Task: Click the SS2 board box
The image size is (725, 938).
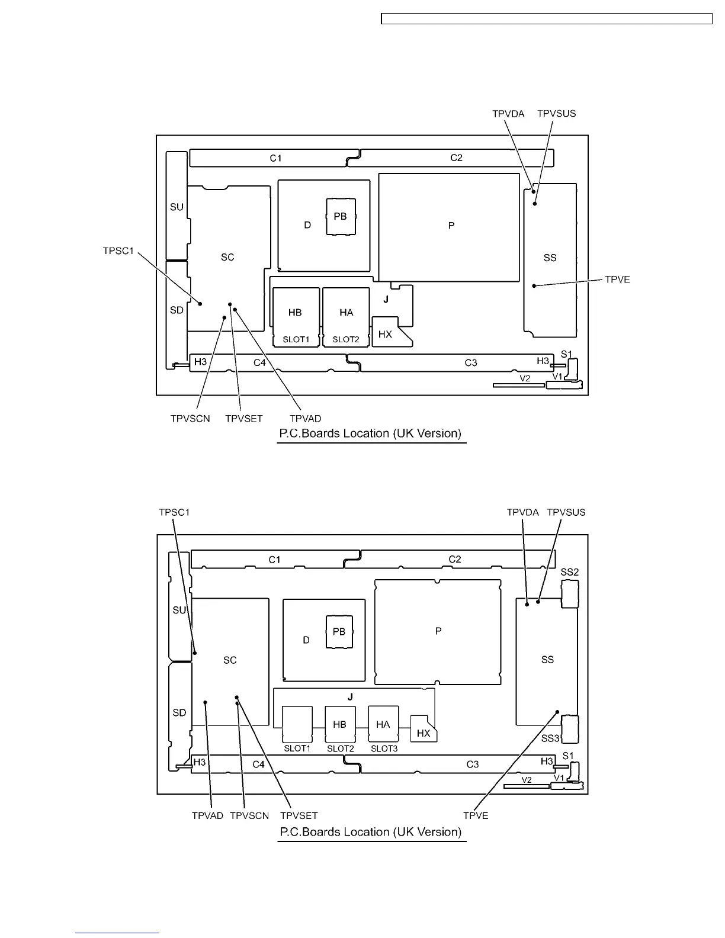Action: click(x=569, y=593)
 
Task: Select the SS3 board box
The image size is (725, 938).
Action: click(x=569, y=729)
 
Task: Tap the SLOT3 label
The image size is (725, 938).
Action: click(x=384, y=749)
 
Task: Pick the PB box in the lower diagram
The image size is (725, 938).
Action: click(x=339, y=632)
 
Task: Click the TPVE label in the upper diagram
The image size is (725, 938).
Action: click(x=617, y=280)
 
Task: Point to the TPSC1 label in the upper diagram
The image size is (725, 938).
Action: click(x=118, y=251)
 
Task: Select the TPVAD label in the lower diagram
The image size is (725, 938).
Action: click(x=207, y=815)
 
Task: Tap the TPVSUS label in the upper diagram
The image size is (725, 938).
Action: click(x=556, y=114)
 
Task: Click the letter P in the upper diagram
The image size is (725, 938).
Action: click(x=451, y=226)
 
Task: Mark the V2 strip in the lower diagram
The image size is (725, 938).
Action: click(x=527, y=786)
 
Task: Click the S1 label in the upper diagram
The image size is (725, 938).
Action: click(x=567, y=354)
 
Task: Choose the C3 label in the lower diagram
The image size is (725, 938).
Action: click(x=473, y=764)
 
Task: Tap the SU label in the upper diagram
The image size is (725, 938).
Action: click(x=177, y=207)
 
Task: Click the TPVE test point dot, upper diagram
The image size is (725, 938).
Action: click(x=534, y=286)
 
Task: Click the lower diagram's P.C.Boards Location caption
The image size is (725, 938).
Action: click(x=371, y=832)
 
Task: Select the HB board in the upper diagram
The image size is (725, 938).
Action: click(x=295, y=313)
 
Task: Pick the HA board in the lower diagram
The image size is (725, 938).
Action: click(x=383, y=724)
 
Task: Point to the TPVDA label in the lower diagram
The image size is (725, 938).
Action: click(x=522, y=512)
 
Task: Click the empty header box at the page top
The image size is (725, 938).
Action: click(x=546, y=19)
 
